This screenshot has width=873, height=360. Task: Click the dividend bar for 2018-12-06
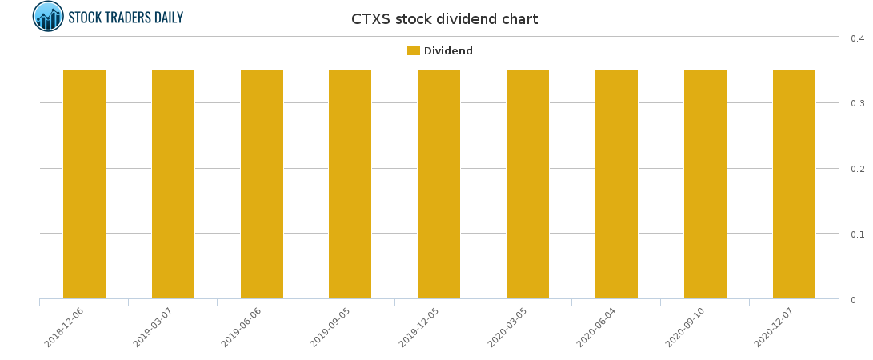tap(84, 184)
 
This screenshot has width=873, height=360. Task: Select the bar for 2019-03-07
tap(173, 184)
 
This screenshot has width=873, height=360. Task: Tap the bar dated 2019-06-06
tap(262, 184)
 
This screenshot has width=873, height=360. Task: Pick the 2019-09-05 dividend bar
tap(350, 184)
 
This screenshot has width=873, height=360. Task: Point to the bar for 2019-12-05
tap(439, 184)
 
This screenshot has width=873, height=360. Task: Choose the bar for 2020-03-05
tap(527, 184)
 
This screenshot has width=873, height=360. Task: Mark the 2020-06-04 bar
tap(616, 184)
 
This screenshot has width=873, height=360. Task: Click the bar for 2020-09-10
tap(705, 184)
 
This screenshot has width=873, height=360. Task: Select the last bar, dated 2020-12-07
tap(794, 184)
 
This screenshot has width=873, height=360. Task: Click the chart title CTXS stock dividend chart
tap(444, 19)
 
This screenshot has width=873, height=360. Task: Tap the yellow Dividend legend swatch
tap(414, 50)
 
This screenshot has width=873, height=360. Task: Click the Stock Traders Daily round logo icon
tap(48, 16)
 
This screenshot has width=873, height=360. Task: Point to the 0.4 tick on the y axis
tap(857, 38)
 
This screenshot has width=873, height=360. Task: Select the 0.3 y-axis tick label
tap(857, 103)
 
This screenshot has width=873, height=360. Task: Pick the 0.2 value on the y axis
tap(857, 169)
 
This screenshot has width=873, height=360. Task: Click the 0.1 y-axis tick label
tap(857, 234)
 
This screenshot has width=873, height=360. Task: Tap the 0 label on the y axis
tap(853, 300)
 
